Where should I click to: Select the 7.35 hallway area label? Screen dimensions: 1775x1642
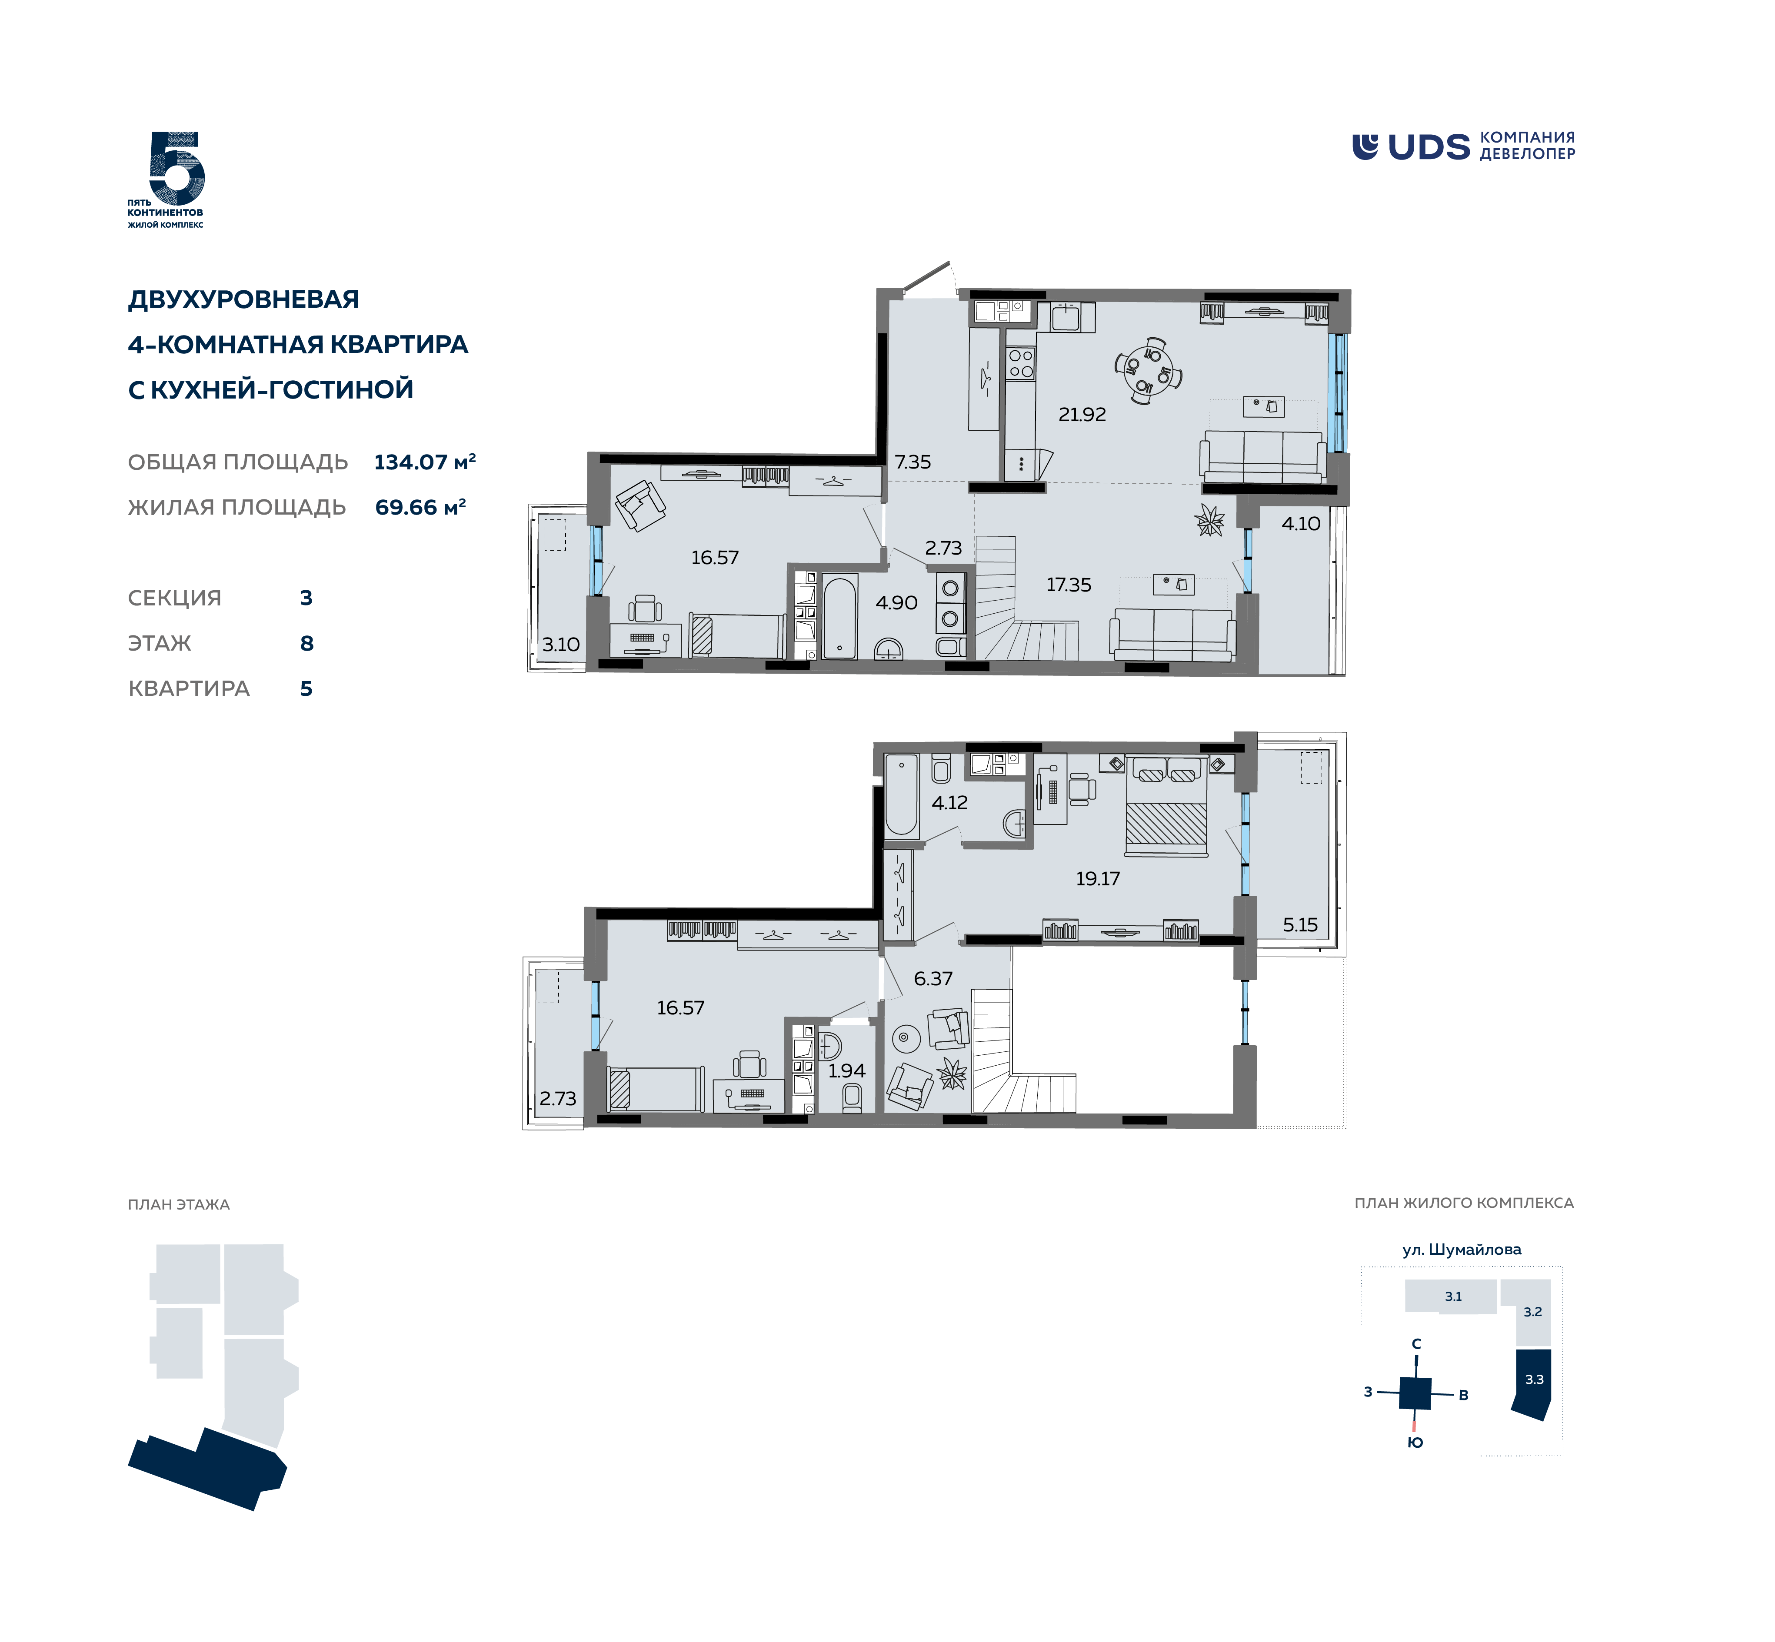[x=913, y=462]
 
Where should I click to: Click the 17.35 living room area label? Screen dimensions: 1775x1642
[x=1069, y=585]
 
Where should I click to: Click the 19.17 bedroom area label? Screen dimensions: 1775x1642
[x=1098, y=879]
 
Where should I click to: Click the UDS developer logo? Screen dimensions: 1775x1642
[x=1463, y=146]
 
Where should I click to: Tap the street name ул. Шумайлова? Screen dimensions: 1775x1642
[x=1461, y=1249]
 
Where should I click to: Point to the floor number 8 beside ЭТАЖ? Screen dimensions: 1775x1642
[x=306, y=643]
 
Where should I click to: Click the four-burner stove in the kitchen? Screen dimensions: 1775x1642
[x=1020, y=362]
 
